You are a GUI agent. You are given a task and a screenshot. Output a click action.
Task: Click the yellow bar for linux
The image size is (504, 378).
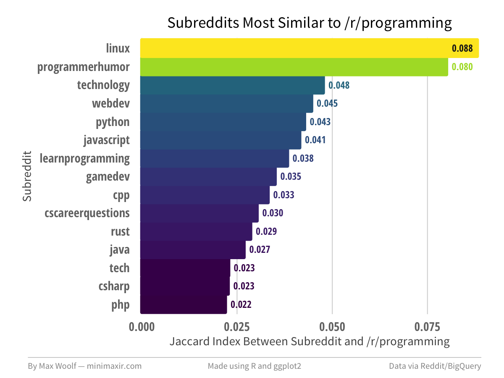click(294, 48)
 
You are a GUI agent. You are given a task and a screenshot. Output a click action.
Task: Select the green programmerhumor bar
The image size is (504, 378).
click(294, 67)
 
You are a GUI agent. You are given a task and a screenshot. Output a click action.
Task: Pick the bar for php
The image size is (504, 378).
click(184, 304)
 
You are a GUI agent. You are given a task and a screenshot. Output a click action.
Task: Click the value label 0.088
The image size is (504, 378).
click(462, 48)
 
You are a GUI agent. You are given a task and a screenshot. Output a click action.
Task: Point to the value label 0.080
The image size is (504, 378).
click(462, 67)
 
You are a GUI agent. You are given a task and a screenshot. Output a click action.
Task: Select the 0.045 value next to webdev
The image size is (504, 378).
click(327, 103)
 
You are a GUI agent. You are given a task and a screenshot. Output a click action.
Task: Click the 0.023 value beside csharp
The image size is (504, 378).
click(244, 286)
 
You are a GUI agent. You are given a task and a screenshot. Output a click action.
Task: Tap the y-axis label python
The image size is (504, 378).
click(113, 122)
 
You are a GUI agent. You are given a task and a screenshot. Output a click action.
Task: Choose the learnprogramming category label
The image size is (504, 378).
click(84, 159)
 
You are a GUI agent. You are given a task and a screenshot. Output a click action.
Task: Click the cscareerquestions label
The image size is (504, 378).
click(87, 213)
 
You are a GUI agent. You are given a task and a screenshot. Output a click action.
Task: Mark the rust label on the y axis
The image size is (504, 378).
click(120, 231)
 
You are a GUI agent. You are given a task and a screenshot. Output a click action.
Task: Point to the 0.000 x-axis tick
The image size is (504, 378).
click(140, 327)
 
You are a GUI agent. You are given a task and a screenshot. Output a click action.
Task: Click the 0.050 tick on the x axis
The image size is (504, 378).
click(332, 327)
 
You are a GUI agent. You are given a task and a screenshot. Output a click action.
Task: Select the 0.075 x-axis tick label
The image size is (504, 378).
click(427, 327)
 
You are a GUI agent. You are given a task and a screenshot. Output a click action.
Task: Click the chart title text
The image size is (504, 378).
click(310, 23)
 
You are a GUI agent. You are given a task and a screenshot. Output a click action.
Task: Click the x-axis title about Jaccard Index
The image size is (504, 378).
click(310, 341)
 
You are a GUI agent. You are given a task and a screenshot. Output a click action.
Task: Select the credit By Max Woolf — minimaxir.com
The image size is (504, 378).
click(84, 366)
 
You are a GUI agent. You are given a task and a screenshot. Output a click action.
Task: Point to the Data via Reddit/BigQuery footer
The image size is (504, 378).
click(435, 366)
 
